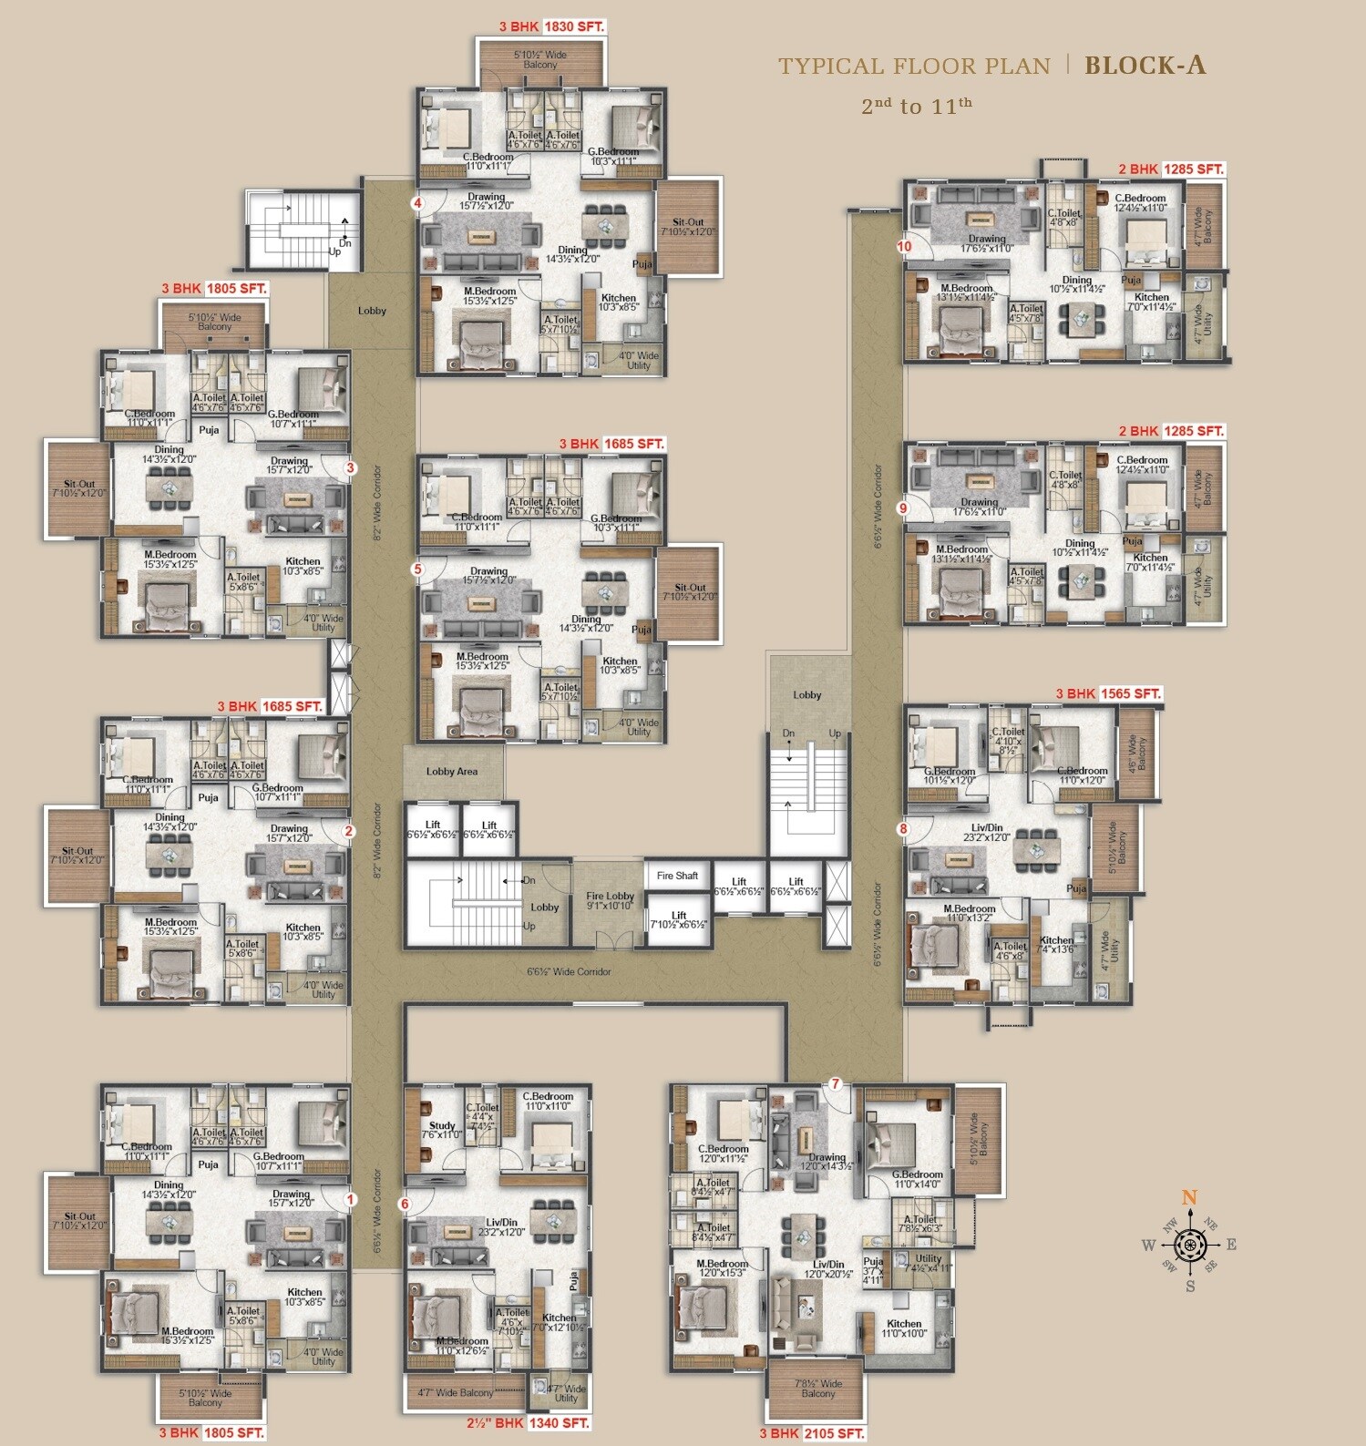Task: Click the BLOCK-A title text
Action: click(x=1145, y=66)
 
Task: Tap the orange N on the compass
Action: click(x=1189, y=1198)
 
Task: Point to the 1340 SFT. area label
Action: click(x=559, y=1422)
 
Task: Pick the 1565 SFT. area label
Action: click(x=1131, y=693)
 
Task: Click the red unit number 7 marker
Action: click(x=835, y=1084)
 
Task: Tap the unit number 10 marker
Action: click(x=904, y=246)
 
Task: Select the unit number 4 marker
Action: click(x=417, y=203)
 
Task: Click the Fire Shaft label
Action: click(x=677, y=876)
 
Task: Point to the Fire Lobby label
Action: click(x=610, y=897)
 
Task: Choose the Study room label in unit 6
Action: click(x=442, y=1125)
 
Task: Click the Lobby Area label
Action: click(x=452, y=772)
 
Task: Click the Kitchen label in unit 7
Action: click(x=904, y=1324)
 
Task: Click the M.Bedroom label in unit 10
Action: click(x=966, y=288)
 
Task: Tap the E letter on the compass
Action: click(x=1231, y=1245)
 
